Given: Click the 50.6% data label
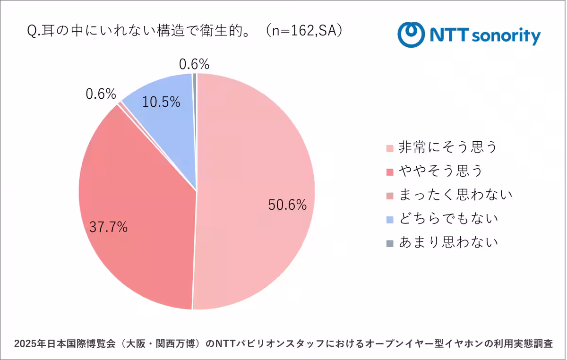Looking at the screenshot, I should [287, 205].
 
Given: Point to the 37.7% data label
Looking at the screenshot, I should [108, 227].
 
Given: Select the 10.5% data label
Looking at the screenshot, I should [161, 102].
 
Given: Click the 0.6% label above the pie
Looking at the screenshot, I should [194, 64].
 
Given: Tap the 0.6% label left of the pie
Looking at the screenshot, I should [101, 94].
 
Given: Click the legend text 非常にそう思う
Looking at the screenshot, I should [448, 147].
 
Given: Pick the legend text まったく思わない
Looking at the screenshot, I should [455, 194].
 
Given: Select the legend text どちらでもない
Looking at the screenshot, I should [448, 218].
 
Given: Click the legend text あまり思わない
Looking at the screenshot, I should [448, 242].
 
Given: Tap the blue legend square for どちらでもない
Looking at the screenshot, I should [389, 219].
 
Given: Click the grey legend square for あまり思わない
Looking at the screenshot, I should [389, 243].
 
